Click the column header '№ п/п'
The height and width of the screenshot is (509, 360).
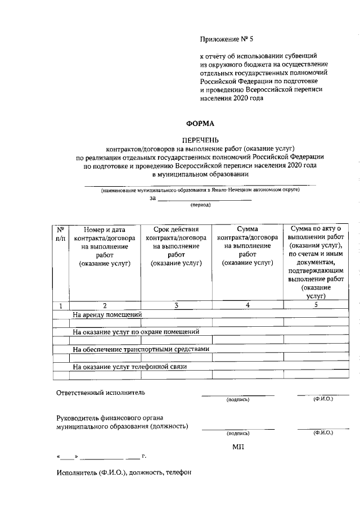coord(60,234)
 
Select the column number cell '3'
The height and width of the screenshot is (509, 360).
coord(176,305)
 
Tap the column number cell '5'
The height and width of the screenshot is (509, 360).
coord(316,305)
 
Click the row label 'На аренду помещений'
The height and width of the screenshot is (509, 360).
coord(107,314)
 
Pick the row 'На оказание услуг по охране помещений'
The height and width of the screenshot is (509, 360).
coord(136,332)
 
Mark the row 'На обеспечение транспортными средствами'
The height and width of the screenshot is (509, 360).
coord(141,349)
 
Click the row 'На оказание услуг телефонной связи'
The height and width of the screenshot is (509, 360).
coord(129,367)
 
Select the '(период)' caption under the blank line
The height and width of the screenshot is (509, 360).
coord(200,205)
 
